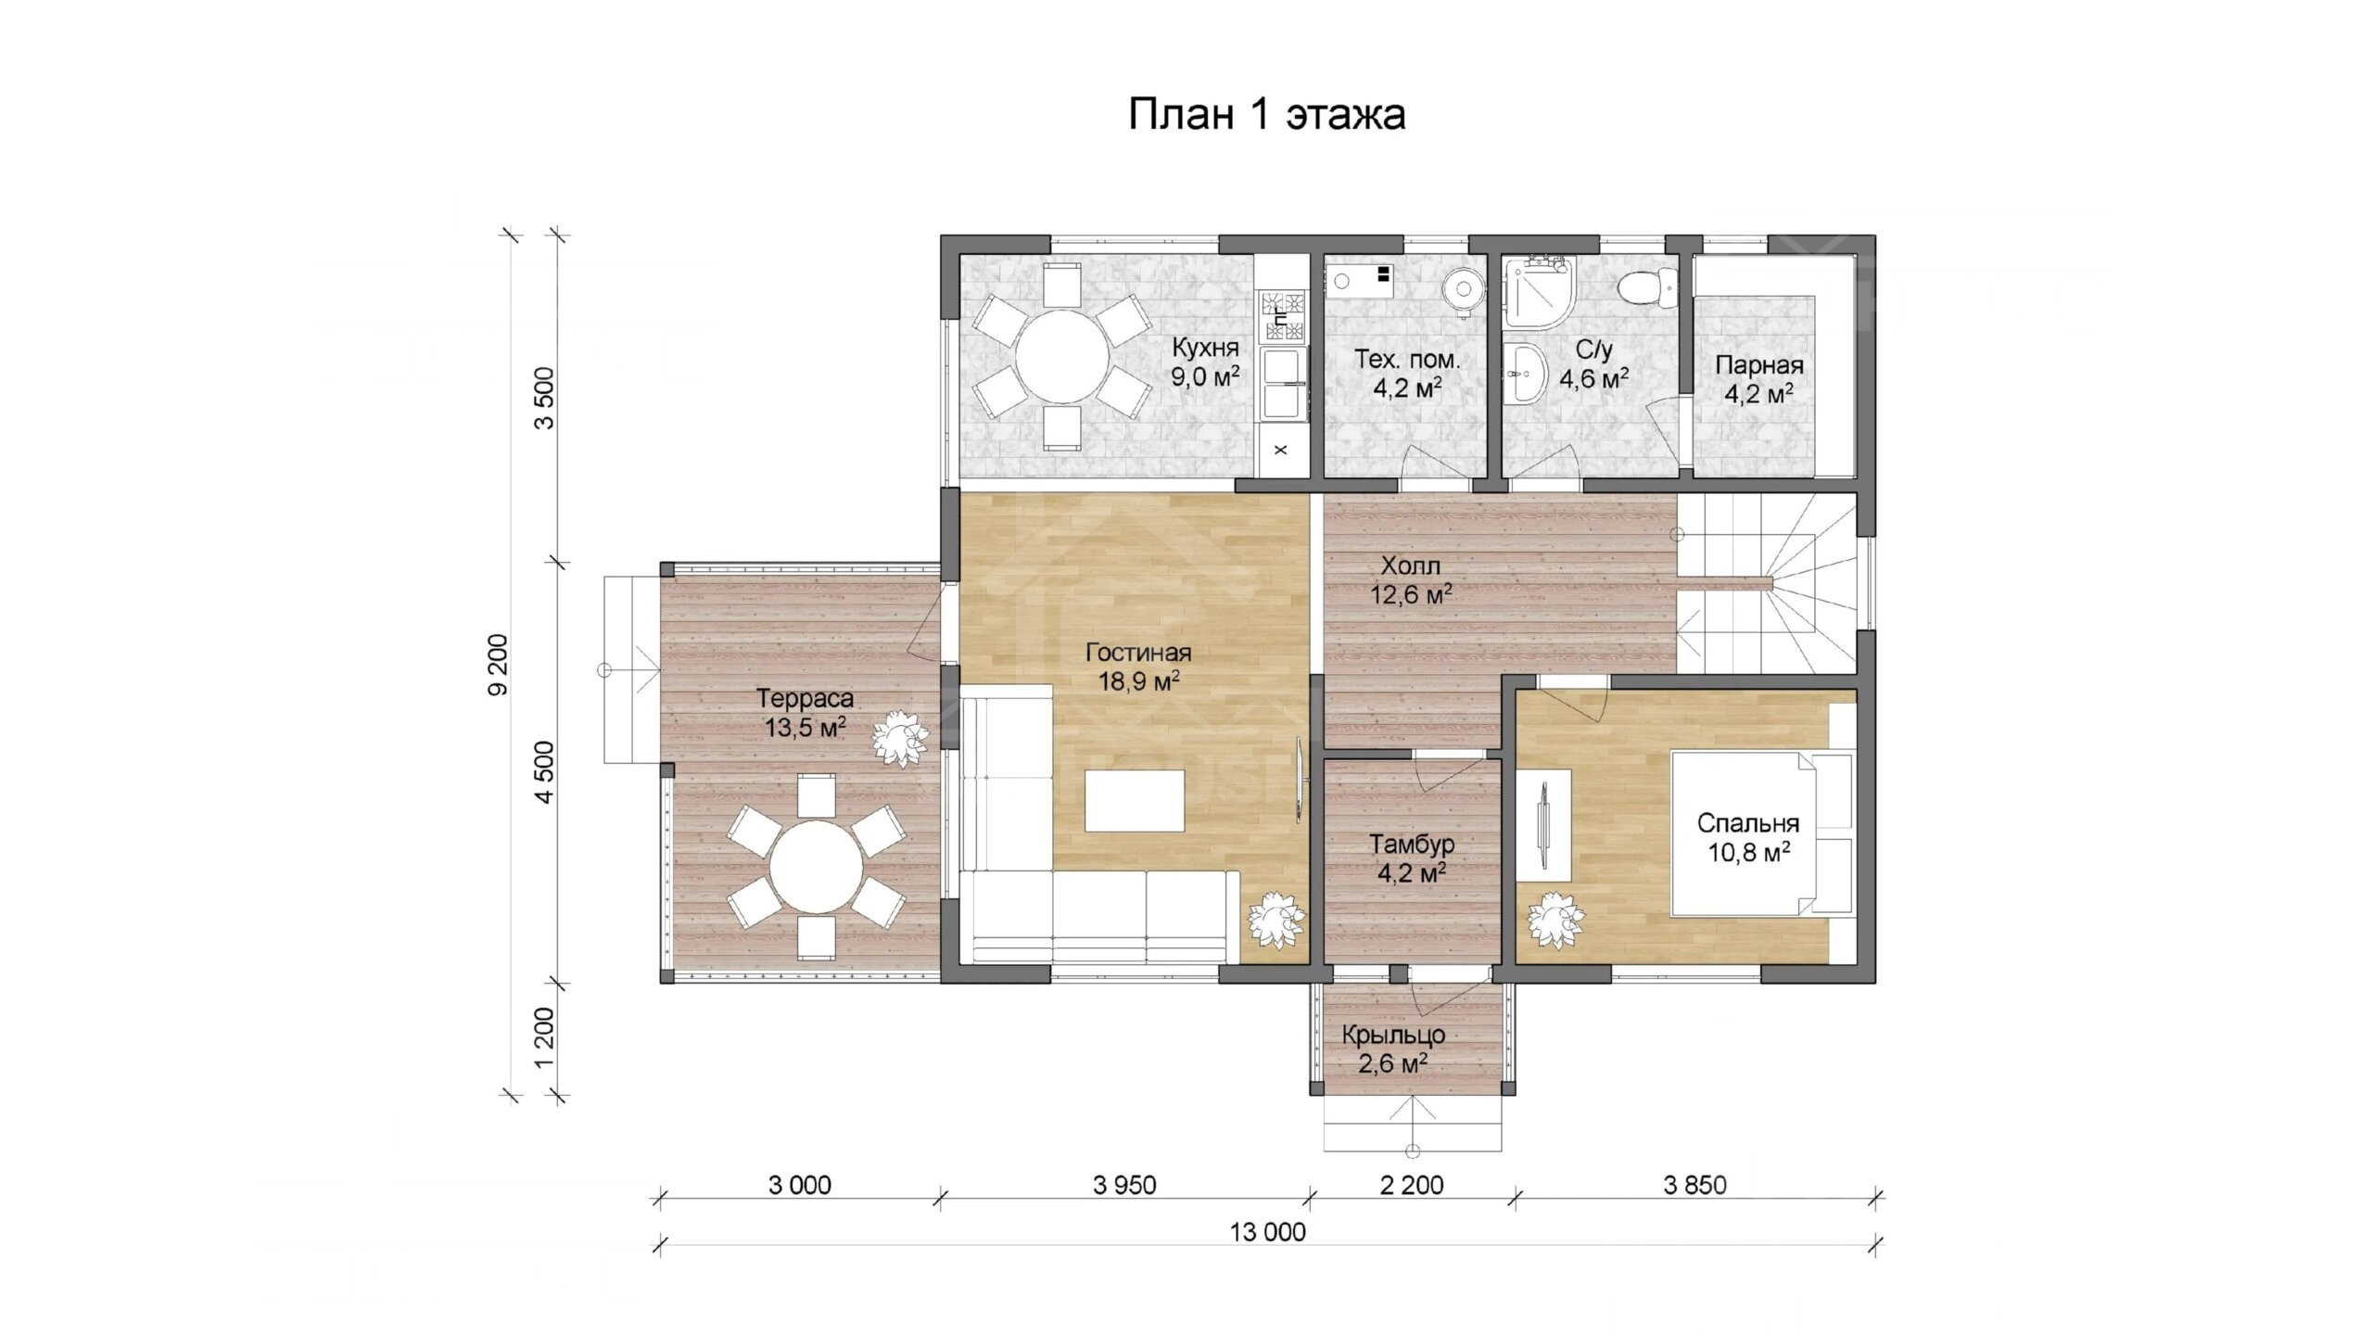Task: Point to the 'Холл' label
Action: [1410, 566]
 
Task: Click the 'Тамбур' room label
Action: [1412, 845]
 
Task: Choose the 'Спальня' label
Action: [1748, 823]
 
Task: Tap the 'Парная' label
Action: [1758, 365]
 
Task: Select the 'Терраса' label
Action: [805, 699]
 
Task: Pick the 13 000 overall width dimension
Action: [1267, 1232]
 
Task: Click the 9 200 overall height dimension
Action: [498, 664]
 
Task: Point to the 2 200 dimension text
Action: [1412, 1185]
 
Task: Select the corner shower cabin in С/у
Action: [1538, 292]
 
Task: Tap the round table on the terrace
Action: [817, 868]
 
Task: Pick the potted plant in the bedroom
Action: [1556, 920]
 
